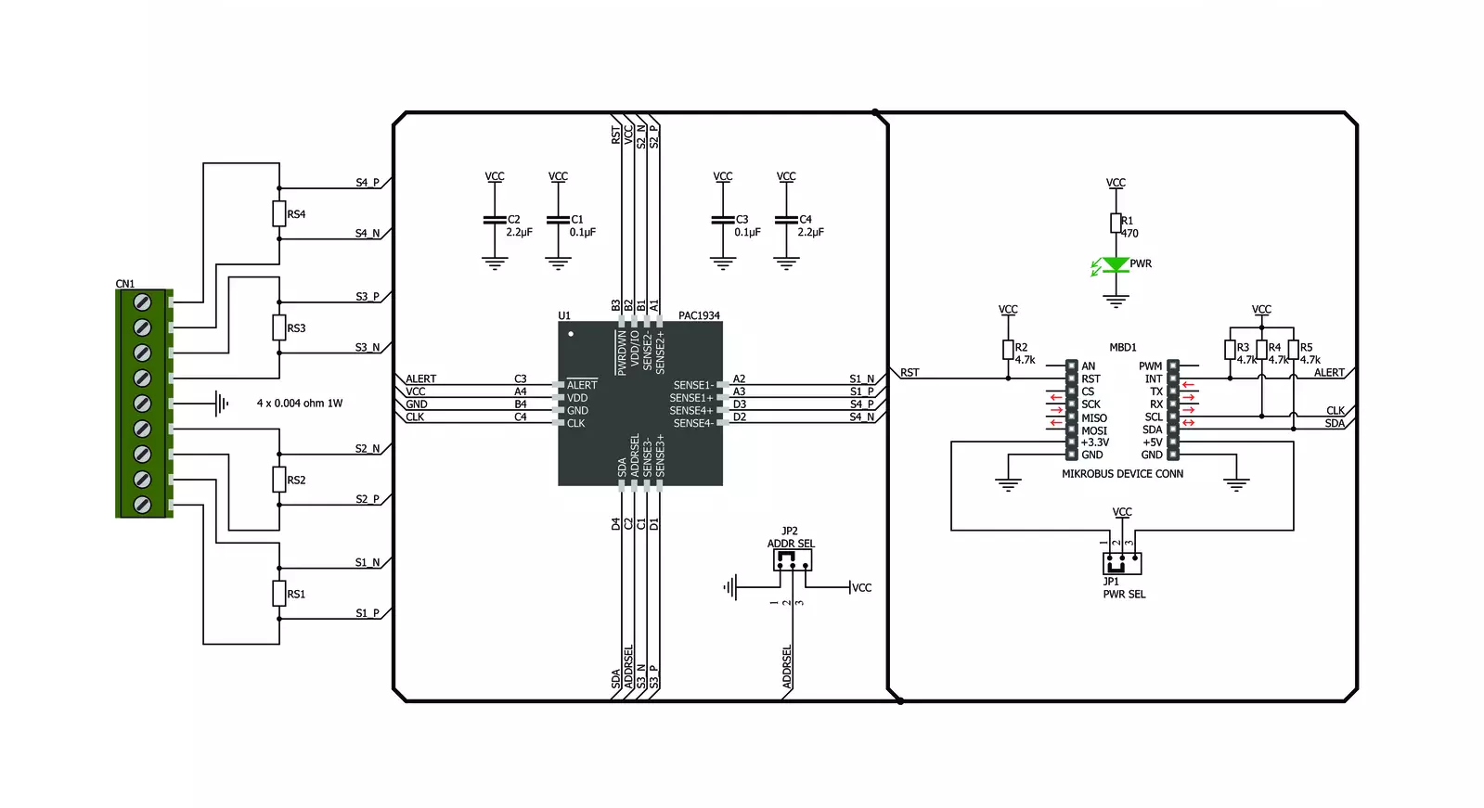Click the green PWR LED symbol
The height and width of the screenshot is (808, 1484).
(1116, 265)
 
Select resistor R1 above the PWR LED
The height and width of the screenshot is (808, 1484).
(1116, 223)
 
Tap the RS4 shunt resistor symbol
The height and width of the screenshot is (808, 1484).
(279, 214)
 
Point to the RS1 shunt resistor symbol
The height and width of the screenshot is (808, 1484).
(279, 594)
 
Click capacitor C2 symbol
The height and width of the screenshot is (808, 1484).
(495, 220)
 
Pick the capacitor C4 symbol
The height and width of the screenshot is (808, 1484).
(786, 220)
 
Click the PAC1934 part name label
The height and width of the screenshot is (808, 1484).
(698, 315)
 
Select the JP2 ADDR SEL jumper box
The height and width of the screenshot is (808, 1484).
(793, 560)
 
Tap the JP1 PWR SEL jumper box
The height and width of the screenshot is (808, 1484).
(1122, 564)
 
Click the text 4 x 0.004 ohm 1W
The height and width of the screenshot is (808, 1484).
(300, 403)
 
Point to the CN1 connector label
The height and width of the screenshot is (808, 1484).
(124, 284)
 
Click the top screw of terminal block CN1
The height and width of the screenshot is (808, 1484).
(142, 302)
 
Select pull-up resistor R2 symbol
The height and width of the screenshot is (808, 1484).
(1008, 350)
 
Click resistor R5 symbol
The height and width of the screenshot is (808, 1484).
(1293, 350)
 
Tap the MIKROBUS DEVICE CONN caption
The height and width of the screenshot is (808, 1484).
(1122, 473)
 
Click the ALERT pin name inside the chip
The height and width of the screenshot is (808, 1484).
(582, 385)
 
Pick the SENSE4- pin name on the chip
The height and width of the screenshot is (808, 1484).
(693, 423)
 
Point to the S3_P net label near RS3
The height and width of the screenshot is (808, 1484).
(367, 296)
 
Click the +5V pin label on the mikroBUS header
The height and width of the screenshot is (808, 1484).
(1152, 442)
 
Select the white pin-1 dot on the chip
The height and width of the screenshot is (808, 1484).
(571, 334)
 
